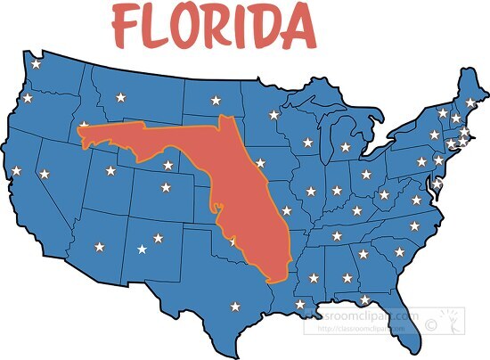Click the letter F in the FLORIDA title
point(127,28)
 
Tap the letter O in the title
point(194,28)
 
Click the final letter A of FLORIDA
point(299,28)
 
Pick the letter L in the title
point(159,28)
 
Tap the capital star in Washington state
point(36,64)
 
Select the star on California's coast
point(15,170)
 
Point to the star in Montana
point(121,95)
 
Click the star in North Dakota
point(215,99)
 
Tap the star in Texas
point(235,307)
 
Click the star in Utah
point(110,170)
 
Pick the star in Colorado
point(165,187)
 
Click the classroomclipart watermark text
point(361,318)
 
